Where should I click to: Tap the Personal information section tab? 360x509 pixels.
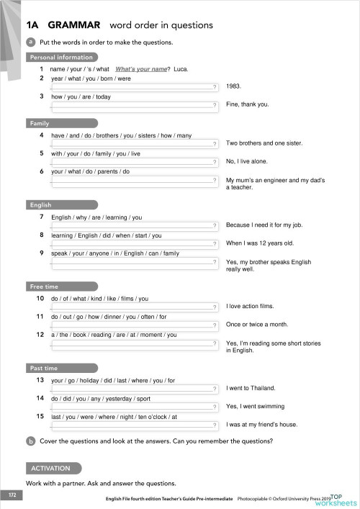coord(61,57)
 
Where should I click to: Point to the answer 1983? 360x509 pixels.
coord(233,86)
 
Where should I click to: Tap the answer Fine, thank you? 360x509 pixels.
coord(247,104)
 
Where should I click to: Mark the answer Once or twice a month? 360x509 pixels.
coord(256,324)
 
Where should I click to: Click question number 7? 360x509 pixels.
coord(42,217)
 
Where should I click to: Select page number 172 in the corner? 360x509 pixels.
coord(12,495)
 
